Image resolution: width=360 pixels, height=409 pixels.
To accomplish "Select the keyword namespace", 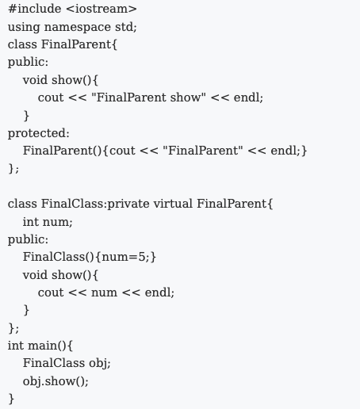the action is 77,28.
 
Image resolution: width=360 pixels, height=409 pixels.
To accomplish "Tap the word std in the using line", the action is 124,27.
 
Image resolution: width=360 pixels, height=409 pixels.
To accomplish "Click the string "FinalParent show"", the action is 148,97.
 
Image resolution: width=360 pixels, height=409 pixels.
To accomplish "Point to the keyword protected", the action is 37,133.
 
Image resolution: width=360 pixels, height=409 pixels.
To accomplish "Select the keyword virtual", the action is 173,204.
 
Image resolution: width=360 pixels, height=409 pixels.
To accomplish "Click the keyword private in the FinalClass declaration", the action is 128,204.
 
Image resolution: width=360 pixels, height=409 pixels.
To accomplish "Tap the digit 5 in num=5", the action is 142,257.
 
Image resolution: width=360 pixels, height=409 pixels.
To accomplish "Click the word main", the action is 43,346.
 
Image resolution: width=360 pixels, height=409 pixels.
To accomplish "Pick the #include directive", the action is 34,9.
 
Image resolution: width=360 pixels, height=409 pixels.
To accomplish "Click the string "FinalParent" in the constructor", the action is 203,151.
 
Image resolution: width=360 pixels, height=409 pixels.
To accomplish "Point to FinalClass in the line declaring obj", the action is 54,363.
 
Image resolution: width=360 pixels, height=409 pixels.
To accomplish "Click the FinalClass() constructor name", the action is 54,257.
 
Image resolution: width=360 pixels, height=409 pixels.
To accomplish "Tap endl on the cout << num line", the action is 158,292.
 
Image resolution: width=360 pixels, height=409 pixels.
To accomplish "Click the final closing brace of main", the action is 11,399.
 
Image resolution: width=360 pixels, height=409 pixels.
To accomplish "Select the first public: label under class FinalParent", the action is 28,63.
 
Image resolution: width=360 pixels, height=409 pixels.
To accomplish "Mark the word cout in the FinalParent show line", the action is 51,97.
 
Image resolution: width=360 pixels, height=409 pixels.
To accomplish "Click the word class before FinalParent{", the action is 22,44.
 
